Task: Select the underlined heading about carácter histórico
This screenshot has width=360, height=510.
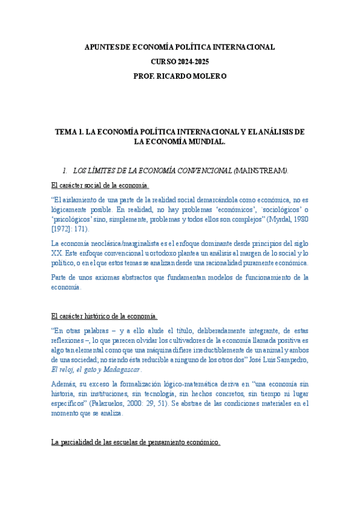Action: coord(104,315)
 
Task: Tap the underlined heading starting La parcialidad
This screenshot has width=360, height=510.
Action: coord(135,442)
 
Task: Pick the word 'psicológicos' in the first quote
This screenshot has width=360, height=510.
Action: coord(72,220)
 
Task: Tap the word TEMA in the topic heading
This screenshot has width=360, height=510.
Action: coord(66,132)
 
